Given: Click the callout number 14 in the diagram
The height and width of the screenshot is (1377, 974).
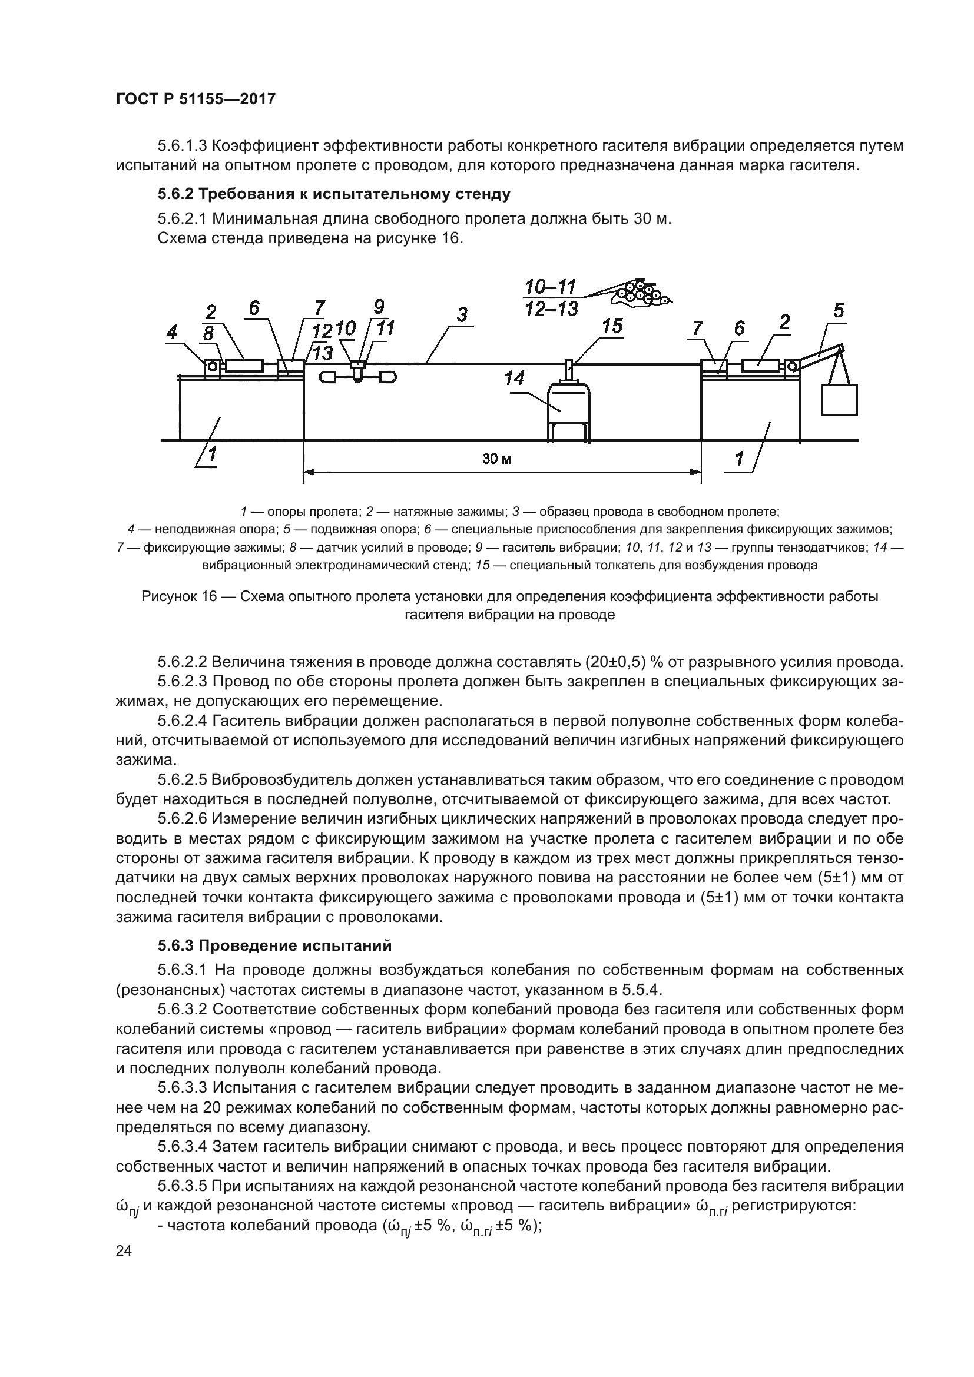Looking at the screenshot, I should pos(514,379).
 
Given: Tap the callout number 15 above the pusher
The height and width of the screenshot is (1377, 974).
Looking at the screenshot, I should pos(612,327).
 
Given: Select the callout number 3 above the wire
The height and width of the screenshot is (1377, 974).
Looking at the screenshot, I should pos(462,315).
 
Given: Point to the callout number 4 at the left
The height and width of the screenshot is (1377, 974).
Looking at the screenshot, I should pos(172,332).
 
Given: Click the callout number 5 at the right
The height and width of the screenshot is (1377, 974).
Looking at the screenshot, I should pos(839,311).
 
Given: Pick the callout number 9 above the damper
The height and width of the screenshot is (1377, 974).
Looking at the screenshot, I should pos(379,307).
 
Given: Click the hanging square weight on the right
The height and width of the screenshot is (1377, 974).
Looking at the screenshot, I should pos(839,400).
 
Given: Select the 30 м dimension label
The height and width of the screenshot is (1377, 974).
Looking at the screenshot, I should pos(496,459).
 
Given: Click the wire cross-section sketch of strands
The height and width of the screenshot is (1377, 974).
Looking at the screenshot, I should pos(641,293).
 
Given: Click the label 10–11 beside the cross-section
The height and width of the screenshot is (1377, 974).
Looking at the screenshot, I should pos(550,287).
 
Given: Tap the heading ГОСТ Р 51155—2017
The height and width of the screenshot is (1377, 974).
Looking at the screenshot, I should pos(196,99).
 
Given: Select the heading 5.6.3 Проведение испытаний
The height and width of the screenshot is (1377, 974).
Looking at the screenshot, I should pos(274,946).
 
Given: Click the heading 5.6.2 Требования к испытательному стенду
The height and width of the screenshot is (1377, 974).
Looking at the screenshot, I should pos(334,194).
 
